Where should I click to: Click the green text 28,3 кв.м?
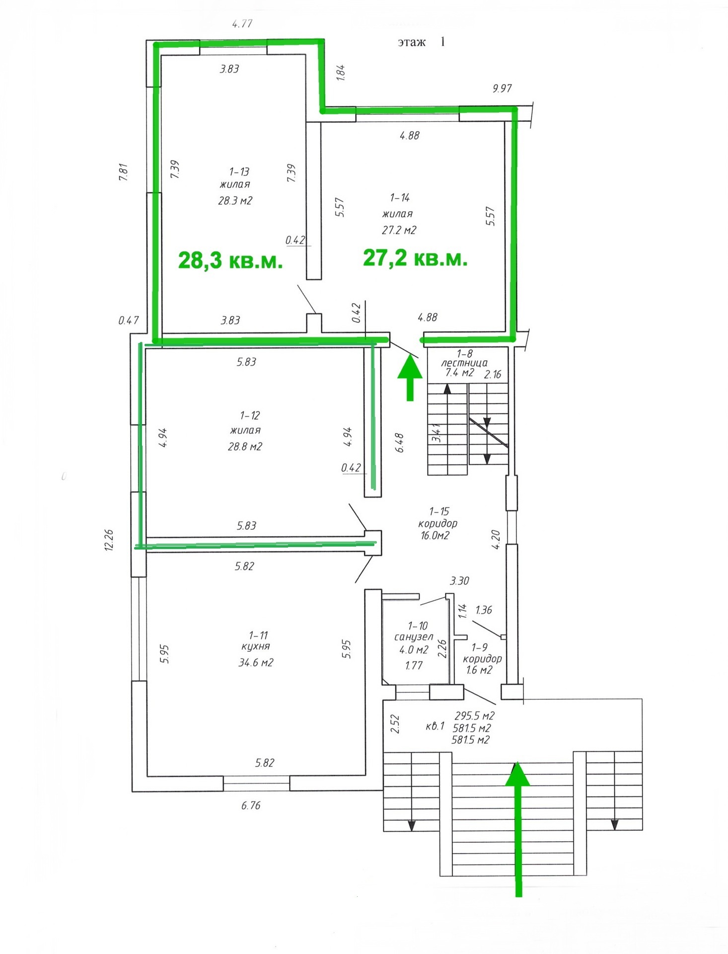230,260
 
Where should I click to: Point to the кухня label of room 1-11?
255,646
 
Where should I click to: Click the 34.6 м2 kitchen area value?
256,662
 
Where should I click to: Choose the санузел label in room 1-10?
414,637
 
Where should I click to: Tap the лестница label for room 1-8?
465,363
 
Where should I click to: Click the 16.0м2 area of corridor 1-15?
435,536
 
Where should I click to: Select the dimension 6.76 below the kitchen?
251,805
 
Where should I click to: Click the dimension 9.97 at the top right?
502,88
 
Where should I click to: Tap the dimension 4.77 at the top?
242,24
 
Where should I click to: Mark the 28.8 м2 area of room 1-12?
245,446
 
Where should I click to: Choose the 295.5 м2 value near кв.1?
475,716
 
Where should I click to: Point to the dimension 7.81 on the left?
124,172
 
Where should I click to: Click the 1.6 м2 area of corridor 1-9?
479,670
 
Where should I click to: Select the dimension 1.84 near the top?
341,72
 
